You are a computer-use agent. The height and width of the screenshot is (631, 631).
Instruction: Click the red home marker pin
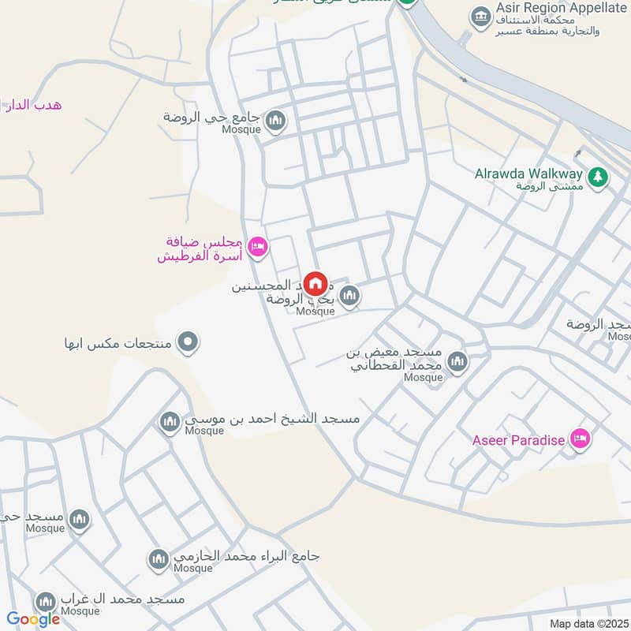coord(315,283)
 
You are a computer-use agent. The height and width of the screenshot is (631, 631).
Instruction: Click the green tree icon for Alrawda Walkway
coord(598,177)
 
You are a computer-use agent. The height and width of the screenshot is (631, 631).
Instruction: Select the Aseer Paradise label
coord(518,440)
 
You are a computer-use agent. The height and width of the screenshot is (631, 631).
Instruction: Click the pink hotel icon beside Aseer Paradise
coord(581,439)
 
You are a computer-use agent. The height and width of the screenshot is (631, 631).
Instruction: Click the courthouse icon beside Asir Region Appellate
coord(479,15)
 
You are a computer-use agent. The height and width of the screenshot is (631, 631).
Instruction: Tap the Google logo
coord(33,619)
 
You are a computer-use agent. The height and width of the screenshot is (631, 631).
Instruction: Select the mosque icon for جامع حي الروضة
coord(275,121)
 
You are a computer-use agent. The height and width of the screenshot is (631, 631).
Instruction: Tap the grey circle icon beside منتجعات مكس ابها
coord(188,343)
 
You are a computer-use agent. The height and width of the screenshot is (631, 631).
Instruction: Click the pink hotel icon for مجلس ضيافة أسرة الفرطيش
coord(257,248)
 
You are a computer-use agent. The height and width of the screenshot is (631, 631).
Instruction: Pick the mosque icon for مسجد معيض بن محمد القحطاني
coord(457,363)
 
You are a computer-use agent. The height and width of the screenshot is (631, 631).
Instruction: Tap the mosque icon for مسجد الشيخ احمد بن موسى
coord(170,424)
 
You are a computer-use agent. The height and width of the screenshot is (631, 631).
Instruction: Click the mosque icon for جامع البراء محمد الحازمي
coord(159,559)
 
